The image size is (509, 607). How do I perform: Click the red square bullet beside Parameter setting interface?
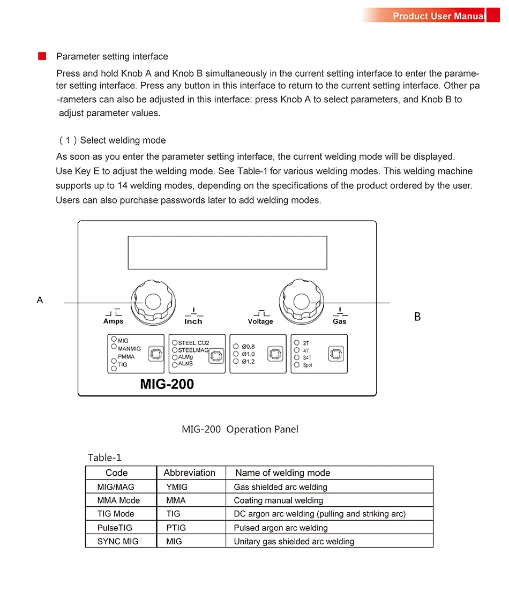coord(42,56)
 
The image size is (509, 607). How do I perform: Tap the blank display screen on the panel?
coord(227,252)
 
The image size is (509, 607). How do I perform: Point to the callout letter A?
coord(40,300)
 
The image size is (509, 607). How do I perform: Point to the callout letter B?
coord(417,317)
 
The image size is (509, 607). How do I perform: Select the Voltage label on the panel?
coord(260,321)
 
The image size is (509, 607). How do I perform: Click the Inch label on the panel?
coord(193,321)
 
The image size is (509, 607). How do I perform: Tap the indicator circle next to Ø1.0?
coord(236,354)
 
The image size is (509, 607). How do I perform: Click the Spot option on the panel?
coord(308,365)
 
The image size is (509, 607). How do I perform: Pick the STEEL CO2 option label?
coord(193,343)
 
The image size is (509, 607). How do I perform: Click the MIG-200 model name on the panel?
coord(167,384)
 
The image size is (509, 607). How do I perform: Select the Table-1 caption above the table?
coord(105,458)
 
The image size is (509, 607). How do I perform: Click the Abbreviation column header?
coord(189,473)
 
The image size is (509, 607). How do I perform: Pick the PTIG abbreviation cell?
coord(176,528)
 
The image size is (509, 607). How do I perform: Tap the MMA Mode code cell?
coord(118,500)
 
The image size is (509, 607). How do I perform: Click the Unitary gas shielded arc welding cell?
coord(294,541)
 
